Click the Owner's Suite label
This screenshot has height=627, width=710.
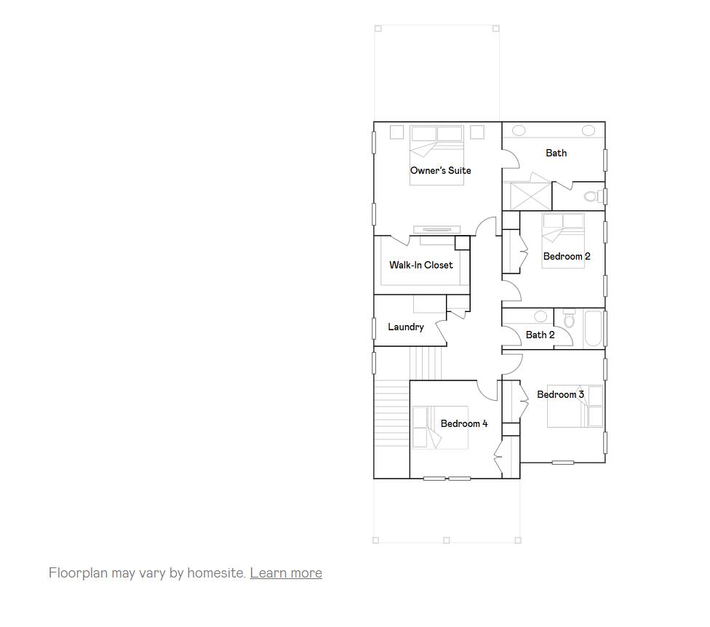click(x=440, y=170)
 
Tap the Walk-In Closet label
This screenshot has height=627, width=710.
click(x=420, y=265)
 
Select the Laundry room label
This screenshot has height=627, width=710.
click(x=405, y=327)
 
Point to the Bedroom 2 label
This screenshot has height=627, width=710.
click(x=567, y=256)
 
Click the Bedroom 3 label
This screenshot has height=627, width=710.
click(x=560, y=394)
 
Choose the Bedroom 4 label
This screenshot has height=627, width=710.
click(x=464, y=423)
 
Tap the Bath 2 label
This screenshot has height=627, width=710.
click(x=540, y=335)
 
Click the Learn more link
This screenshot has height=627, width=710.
click(x=286, y=572)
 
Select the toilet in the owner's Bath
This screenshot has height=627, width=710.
click(x=593, y=196)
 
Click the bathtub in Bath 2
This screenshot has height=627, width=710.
click(x=593, y=330)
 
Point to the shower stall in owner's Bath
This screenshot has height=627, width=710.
click(x=530, y=196)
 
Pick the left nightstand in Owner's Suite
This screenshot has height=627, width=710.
click(x=396, y=132)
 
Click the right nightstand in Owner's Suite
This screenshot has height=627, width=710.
click(x=477, y=132)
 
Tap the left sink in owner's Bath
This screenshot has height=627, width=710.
click(x=519, y=130)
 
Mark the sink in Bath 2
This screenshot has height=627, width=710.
click(x=541, y=316)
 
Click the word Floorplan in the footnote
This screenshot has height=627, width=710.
click(x=78, y=572)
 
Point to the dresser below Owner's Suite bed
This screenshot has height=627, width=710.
click(x=436, y=230)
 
